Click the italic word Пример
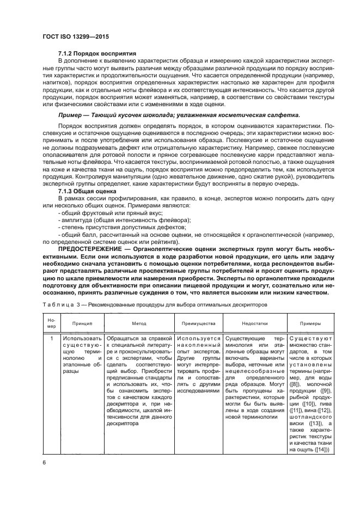pos(71,115)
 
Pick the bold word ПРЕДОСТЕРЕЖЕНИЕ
pos(88,249)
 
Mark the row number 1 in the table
pos(51,339)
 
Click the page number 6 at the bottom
pos(44,464)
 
